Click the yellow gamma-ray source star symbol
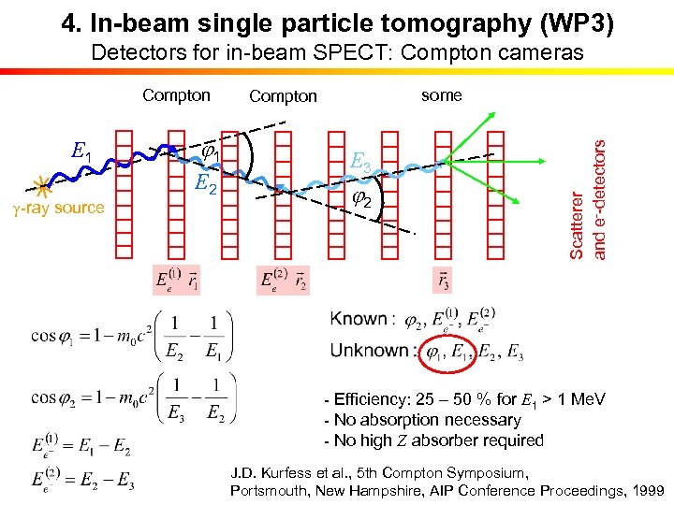point(41,183)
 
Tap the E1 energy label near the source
point(82,150)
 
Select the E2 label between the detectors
point(206,186)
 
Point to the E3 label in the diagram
point(360,163)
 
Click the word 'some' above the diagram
point(441,94)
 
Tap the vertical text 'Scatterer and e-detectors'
point(590,198)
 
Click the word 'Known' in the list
point(359,319)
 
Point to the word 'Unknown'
point(370,352)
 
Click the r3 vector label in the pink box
point(441,280)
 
